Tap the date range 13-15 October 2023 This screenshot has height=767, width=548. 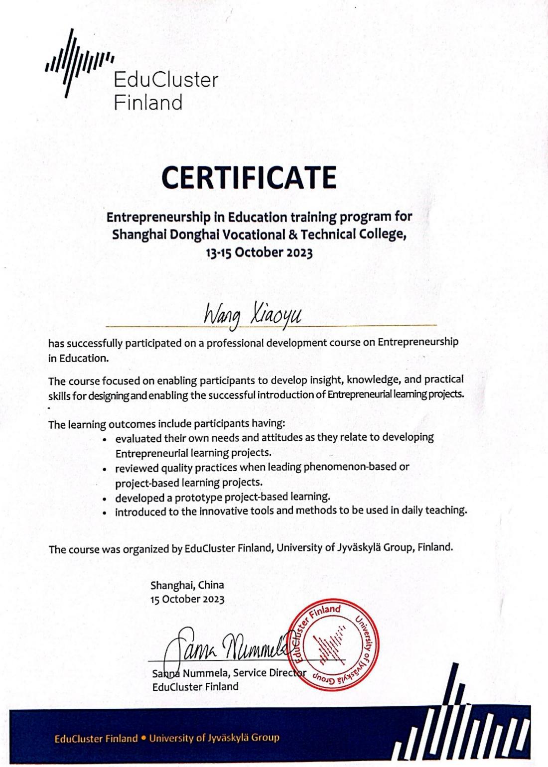(x=259, y=252)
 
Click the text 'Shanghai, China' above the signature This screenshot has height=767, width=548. (x=187, y=585)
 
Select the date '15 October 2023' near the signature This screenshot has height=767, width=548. (x=187, y=599)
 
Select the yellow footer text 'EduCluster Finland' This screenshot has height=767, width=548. (x=96, y=738)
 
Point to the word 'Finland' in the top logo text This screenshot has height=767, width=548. (x=148, y=103)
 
